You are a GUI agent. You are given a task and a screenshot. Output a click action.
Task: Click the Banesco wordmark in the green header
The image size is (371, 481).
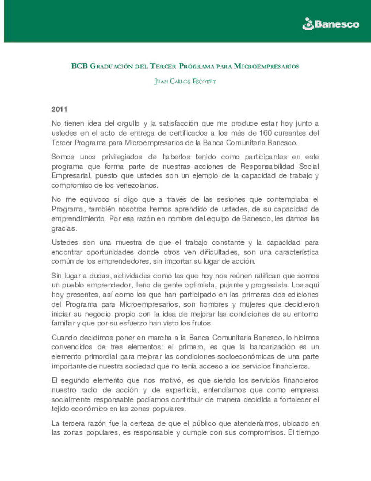coord(337,24)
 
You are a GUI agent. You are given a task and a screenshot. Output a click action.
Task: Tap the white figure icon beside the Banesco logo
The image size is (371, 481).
coord(308,24)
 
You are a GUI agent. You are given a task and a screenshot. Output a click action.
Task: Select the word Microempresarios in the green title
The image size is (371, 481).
coord(266,66)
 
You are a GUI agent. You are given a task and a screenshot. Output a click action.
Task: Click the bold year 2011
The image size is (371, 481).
coord(59,109)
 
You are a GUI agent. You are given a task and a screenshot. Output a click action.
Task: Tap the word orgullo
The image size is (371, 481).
coord(128,123)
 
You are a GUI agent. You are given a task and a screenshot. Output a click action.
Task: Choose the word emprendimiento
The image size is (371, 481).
coord(78,218)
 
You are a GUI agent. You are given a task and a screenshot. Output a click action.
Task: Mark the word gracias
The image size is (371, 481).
coord(64,228)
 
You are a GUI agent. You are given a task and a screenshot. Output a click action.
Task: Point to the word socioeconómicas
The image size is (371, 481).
coord(254,356)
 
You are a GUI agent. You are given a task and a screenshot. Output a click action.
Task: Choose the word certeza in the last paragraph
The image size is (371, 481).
coord(142,423)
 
